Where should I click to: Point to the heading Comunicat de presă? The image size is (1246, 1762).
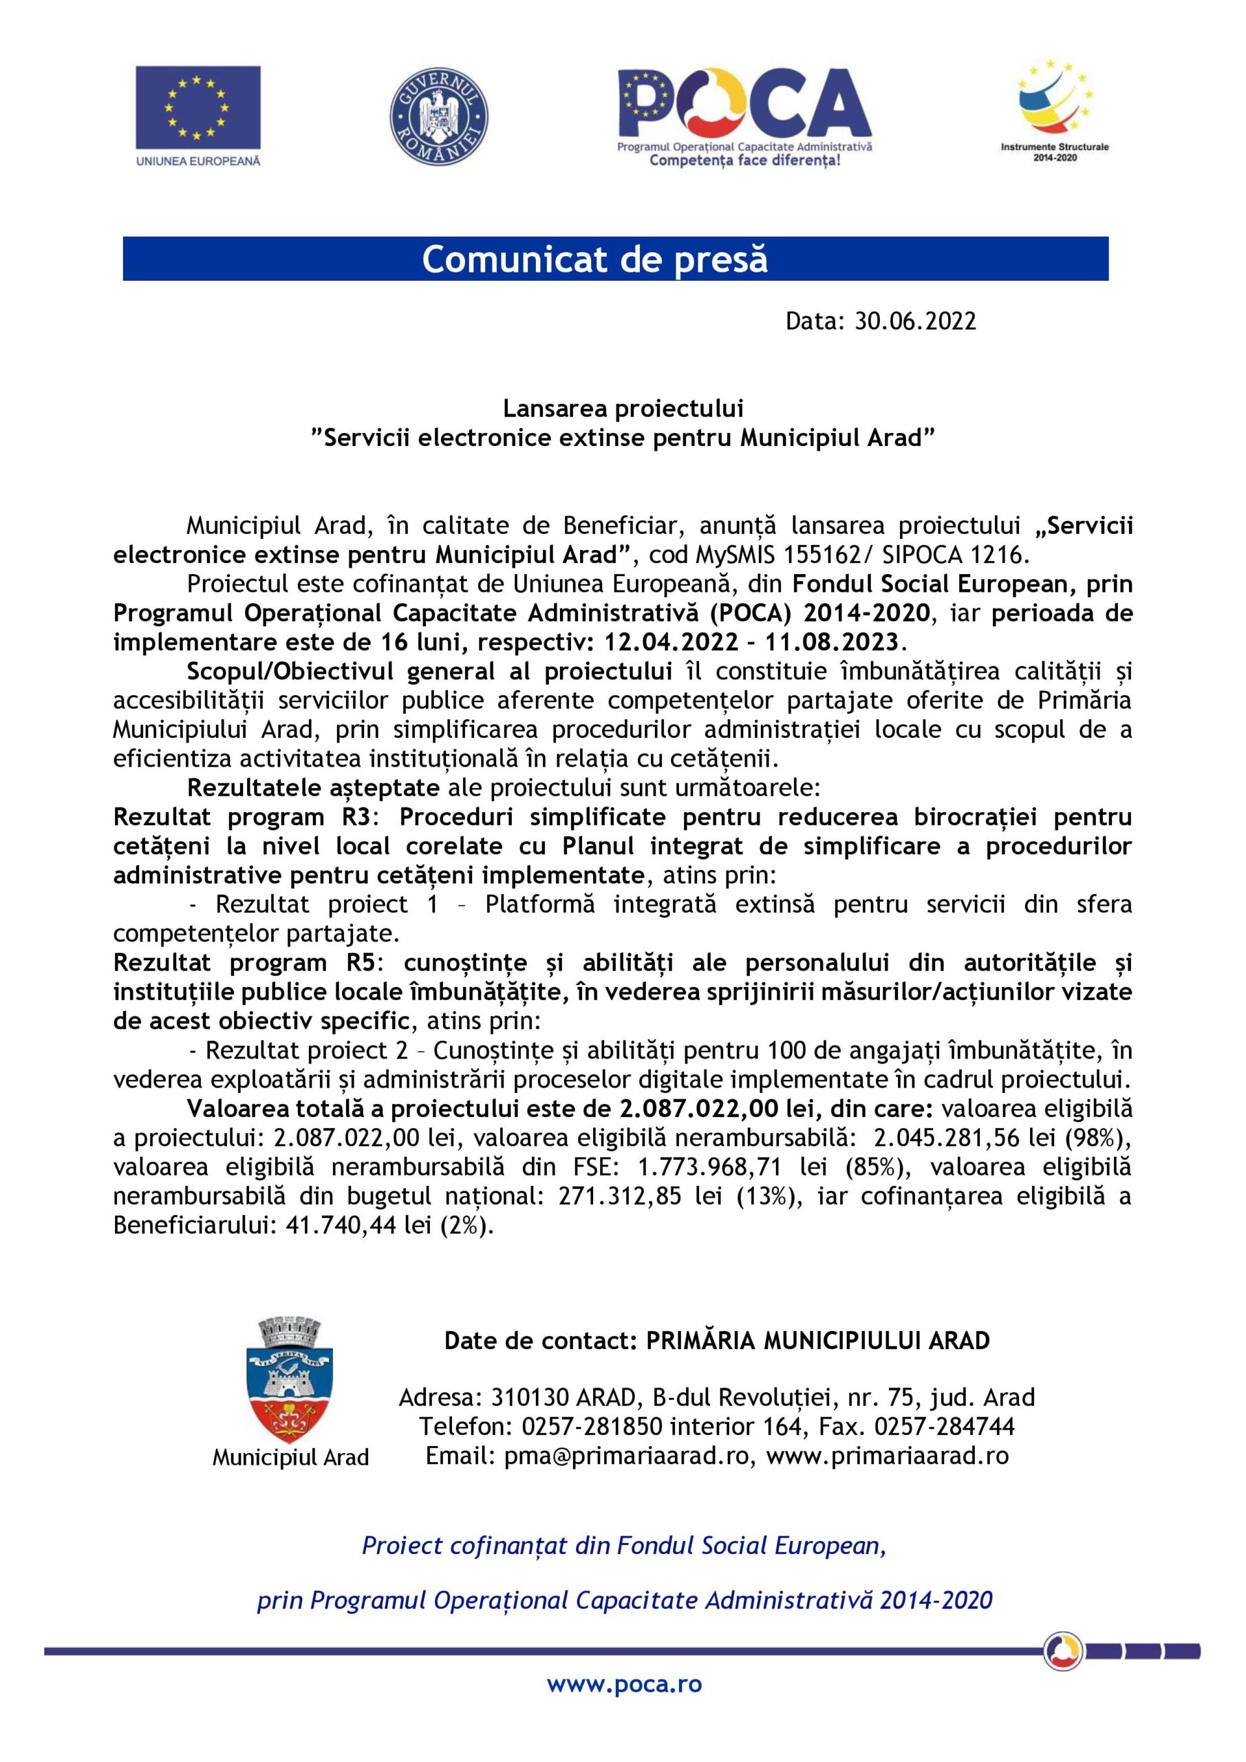[x=594, y=259]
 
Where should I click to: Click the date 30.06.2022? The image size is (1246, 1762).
[x=915, y=321]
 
